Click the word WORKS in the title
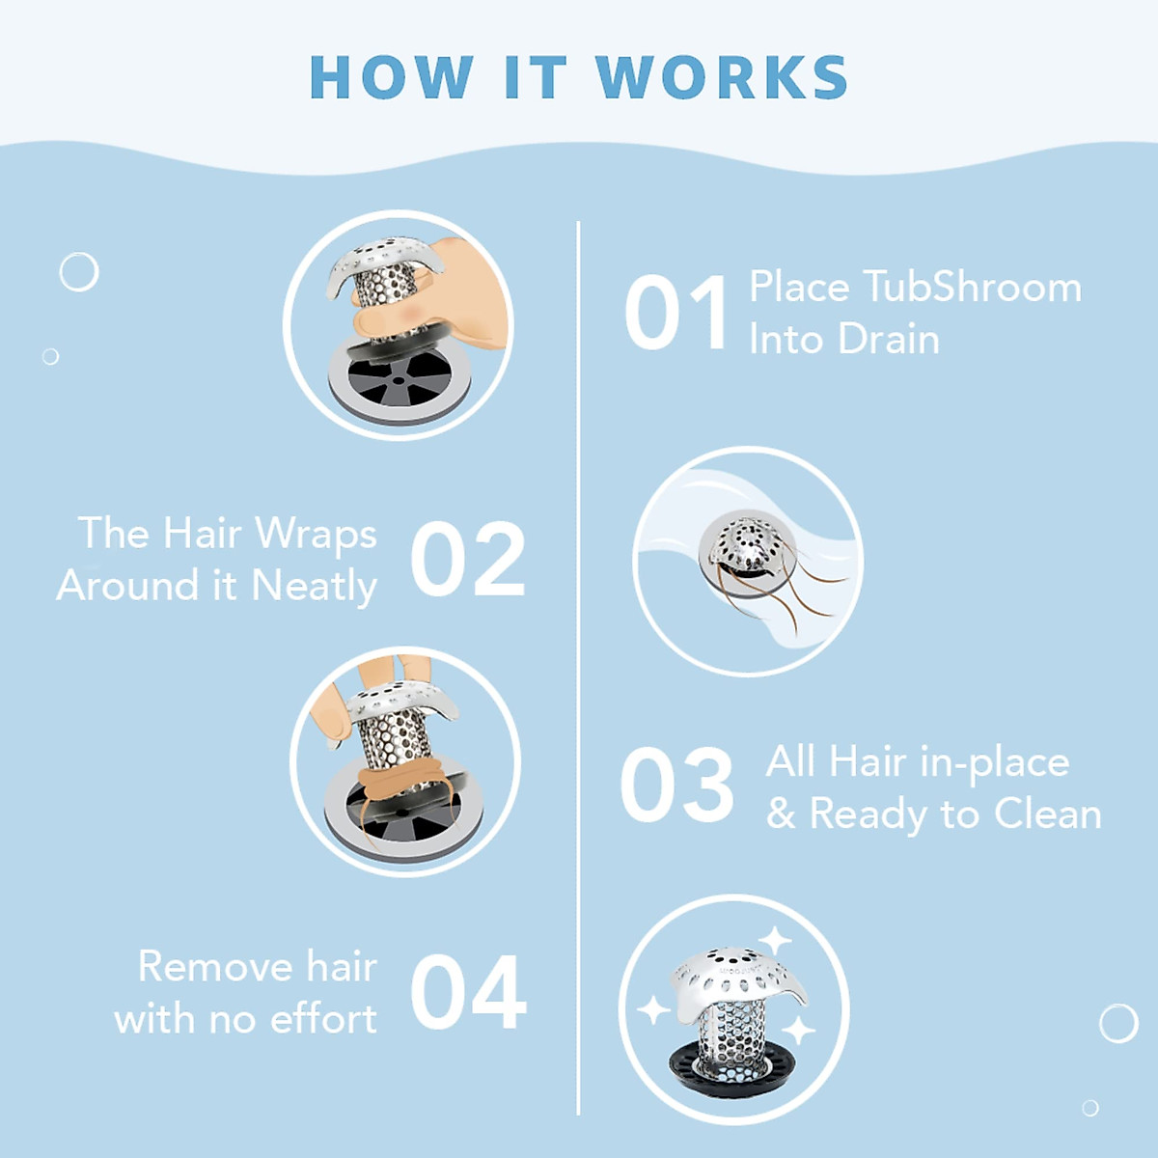(722, 78)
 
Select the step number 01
(676, 314)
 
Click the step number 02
(468, 561)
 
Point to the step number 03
(676, 786)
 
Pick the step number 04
(468, 993)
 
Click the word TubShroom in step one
(972, 288)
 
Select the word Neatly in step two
(314, 587)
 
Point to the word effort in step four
(323, 1019)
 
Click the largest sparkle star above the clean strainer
(774, 939)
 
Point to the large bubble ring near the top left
(79, 272)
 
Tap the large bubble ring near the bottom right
(1118, 1023)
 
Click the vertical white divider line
(578, 675)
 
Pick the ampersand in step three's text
(781, 814)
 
